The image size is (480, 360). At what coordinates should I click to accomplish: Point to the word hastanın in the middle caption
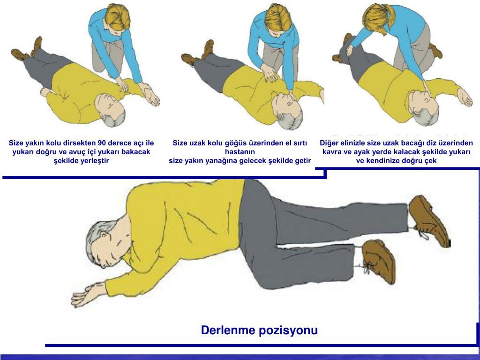pyautogui.click(x=240, y=152)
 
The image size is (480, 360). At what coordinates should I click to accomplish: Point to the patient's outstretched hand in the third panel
pyautogui.click(x=465, y=97)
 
